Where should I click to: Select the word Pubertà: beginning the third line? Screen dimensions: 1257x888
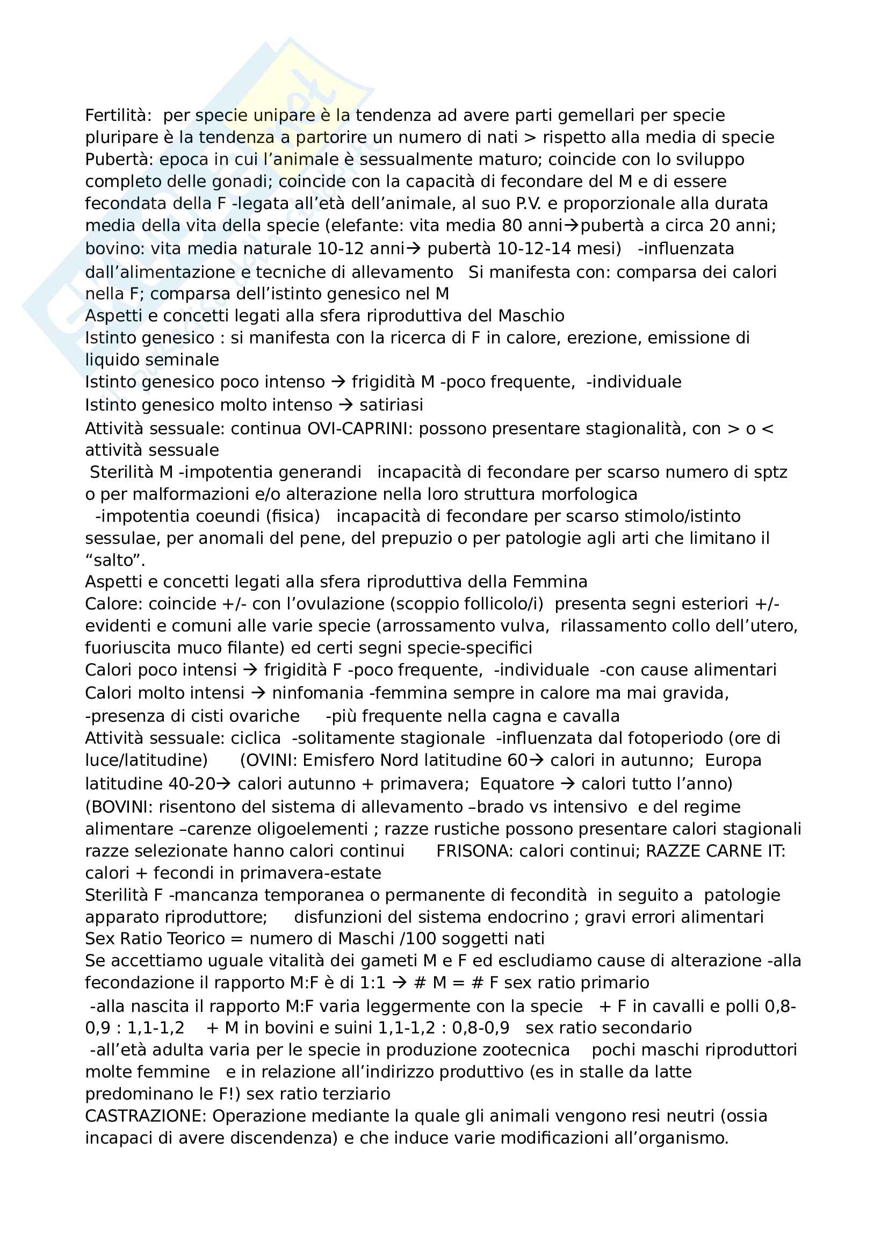tap(119, 159)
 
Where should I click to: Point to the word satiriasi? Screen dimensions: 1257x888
tap(391, 405)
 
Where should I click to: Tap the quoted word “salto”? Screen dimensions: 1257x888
tap(115, 561)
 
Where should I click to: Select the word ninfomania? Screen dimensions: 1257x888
tap(317, 694)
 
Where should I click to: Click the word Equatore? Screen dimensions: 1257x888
tap(517, 784)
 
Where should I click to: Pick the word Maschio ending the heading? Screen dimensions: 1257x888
tap(531, 316)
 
